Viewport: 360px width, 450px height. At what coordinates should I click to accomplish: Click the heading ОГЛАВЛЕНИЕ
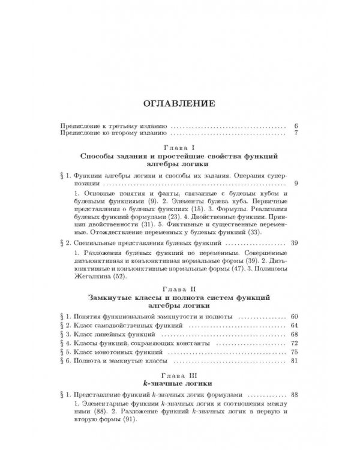coord(179,103)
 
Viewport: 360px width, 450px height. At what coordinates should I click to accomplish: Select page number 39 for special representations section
coord(293,244)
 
